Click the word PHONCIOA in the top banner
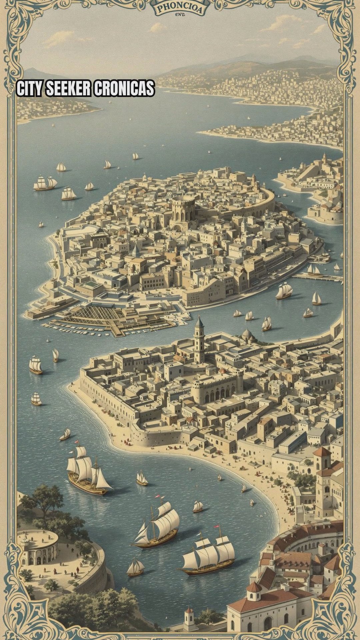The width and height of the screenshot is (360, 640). (180, 8)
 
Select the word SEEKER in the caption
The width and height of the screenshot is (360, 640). (68, 89)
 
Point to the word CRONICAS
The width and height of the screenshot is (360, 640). (124, 89)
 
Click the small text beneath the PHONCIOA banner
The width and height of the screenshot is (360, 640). (180, 14)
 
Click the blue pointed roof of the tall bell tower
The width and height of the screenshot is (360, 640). (199, 322)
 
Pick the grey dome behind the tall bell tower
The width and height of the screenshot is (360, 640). (247, 333)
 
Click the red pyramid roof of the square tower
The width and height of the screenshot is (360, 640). (322, 452)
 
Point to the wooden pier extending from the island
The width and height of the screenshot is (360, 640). (317, 277)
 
